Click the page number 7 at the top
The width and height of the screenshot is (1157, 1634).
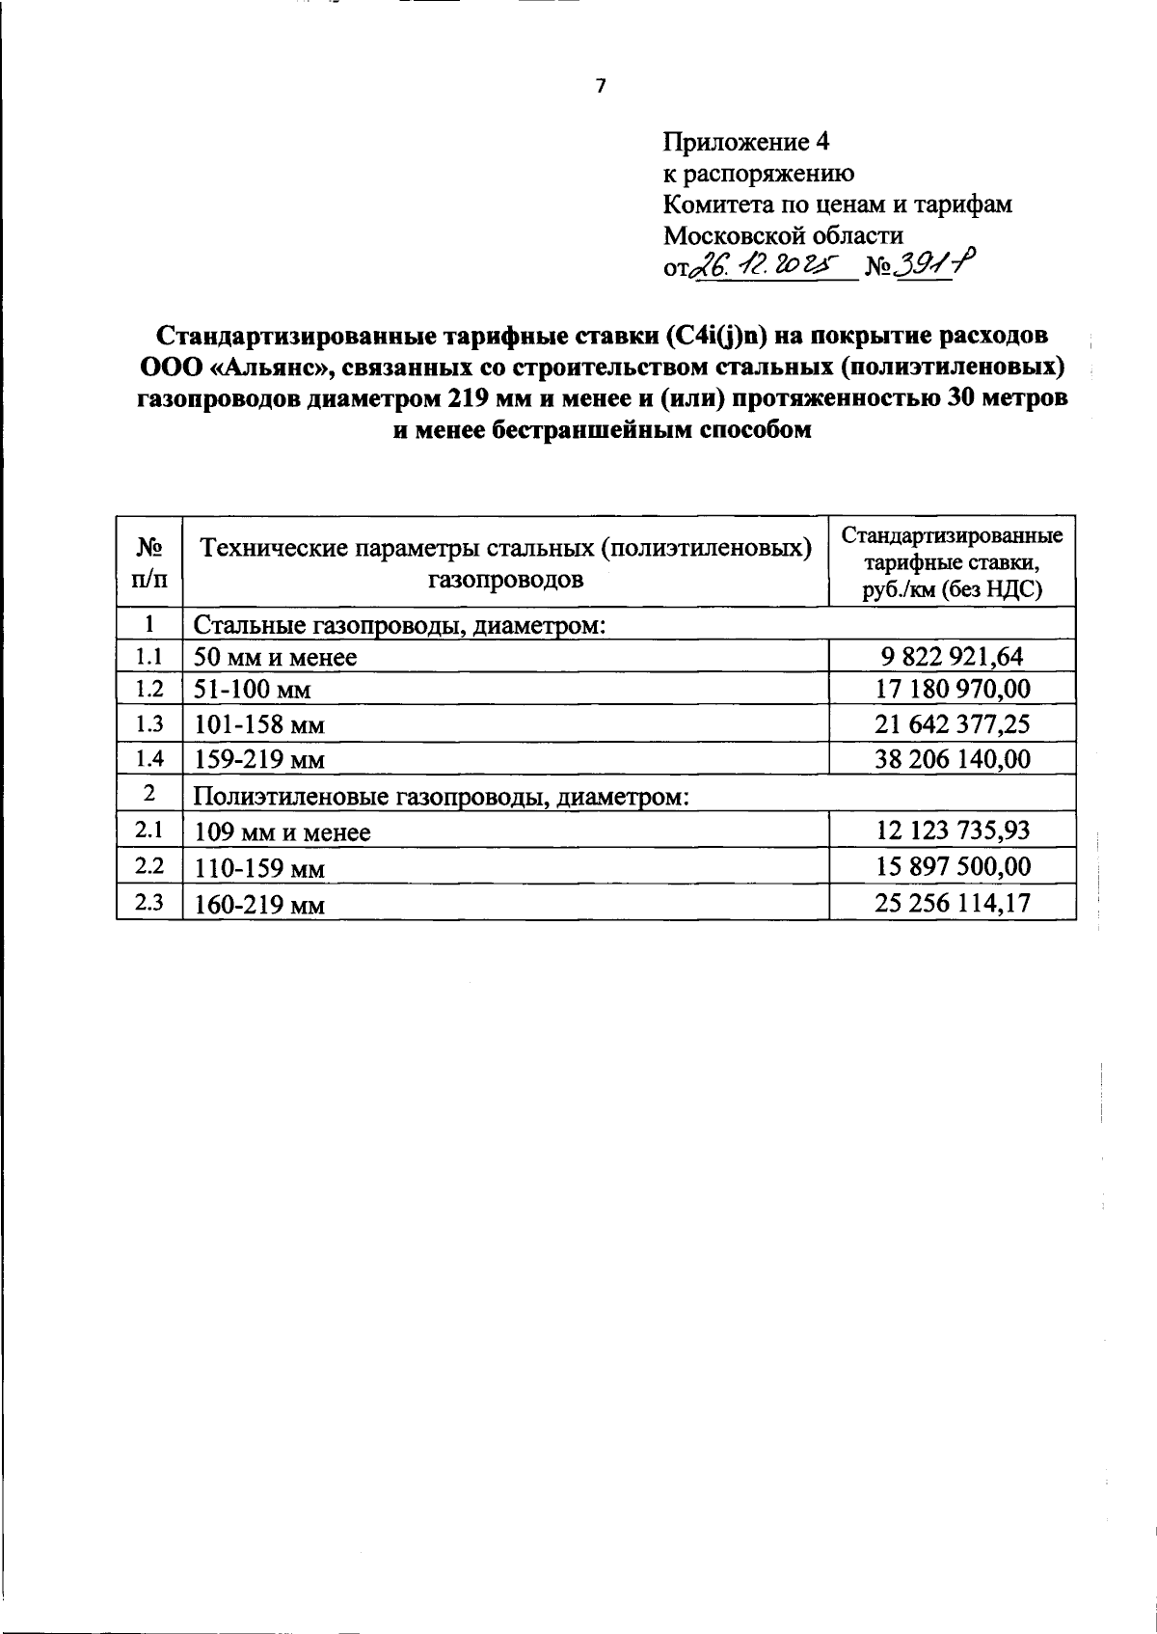pos(600,87)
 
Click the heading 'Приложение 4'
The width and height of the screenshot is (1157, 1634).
pos(746,143)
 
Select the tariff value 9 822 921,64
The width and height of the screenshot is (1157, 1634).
pos(951,658)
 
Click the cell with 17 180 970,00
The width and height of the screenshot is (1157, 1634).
pos(951,690)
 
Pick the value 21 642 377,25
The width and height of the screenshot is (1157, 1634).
pos(951,724)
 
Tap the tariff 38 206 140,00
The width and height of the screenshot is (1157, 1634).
pos(951,759)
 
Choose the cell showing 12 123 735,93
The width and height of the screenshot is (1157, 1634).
pos(951,830)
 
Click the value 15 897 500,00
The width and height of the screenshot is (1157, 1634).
pos(951,866)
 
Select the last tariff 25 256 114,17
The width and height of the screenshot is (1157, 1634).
pos(951,903)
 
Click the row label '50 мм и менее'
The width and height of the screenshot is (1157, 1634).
pos(276,659)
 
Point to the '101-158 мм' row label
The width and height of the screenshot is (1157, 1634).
pos(259,725)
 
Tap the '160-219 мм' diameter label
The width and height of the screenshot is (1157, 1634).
pos(259,905)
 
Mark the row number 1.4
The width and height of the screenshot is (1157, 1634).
pos(148,758)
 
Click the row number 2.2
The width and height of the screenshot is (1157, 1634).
pos(148,865)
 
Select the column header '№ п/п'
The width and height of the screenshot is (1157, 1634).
pos(148,561)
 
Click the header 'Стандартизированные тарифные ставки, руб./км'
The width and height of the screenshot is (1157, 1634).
pos(952,562)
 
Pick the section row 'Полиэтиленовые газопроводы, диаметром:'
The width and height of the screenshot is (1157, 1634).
pos(442,797)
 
